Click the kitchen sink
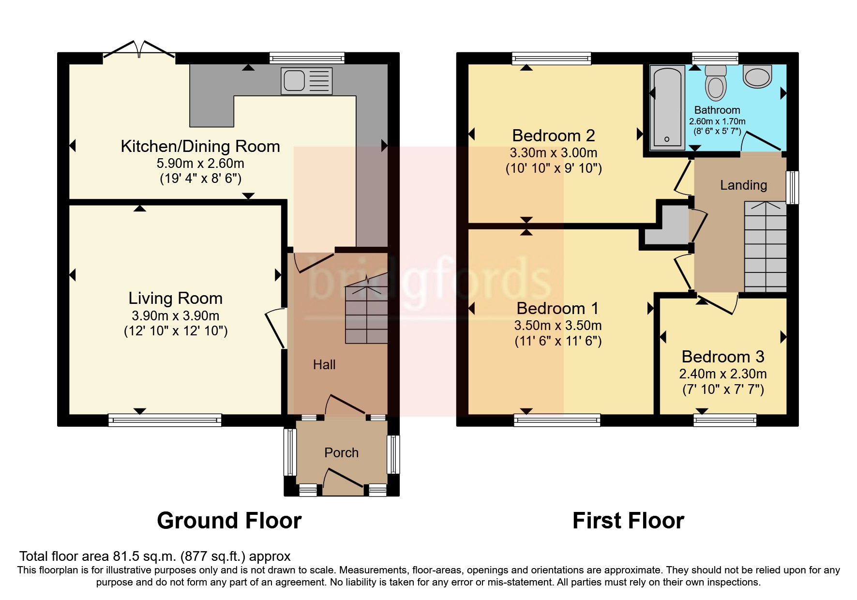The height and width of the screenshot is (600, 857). click(x=307, y=81)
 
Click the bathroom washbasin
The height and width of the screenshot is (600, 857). click(x=757, y=76)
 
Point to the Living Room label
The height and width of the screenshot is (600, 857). click(x=175, y=298)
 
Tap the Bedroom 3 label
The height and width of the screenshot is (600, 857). click(x=723, y=357)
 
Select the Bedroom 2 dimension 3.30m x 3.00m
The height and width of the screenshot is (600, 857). click(x=554, y=153)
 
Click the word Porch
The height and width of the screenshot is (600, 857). click(x=341, y=452)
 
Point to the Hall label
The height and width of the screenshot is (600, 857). click(x=324, y=365)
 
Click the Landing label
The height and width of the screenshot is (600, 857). click(x=743, y=185)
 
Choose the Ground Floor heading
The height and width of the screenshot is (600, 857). click(x=229, y=521)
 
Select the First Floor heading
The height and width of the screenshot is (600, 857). click(x=628, y=521)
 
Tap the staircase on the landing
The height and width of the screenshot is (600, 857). click(x=765, y=246)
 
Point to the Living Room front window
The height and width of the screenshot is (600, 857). click(x=165, y=420)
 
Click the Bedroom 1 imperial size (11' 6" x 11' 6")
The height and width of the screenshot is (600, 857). click(x=558, y=342)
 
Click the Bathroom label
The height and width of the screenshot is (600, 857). click(x=717, y=110)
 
